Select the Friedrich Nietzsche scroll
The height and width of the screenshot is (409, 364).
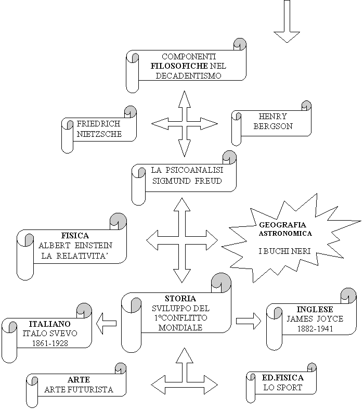[x=99, y=129]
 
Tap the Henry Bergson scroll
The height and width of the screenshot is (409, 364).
[x=272, y=122]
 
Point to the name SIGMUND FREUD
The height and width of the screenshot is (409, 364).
[x=187, y=181]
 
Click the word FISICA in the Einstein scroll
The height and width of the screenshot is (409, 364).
[x=75, y=235]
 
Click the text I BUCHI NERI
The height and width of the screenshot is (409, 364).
[x=284, y=251]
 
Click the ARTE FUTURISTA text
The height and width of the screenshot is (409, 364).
[x=79, y=389]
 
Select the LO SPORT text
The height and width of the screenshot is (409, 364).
[x=282, y=388]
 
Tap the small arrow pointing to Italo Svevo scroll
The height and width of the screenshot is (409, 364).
[x=107, y=324]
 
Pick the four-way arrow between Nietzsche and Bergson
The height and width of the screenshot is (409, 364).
[x=184, y=123]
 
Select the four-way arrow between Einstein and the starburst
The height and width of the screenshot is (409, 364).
[x=181, y=240]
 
